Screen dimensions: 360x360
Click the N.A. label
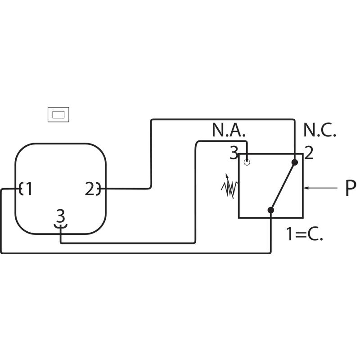[x=229, y=130]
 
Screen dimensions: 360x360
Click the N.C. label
[x=319, y=130]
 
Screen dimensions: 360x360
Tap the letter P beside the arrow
[x=351, y=189]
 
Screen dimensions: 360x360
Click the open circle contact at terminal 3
[x=247, y=161]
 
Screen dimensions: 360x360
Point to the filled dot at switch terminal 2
[x=295, y=162]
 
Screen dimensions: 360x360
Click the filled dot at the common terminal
[x=270, y=210]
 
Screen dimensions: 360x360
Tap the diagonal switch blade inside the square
[x=283, y=186]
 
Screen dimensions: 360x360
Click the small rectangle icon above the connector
[x=59, y=115]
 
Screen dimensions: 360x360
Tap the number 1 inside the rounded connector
[x=29, y=189]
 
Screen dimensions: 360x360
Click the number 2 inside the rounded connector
[x=90, y=189]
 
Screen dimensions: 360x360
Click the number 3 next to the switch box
[x=234, y=154]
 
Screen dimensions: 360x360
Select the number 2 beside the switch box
[x=309, y=154]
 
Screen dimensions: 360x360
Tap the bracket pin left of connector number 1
[x=21, y=189]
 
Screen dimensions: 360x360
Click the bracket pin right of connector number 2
[x=99, y=189]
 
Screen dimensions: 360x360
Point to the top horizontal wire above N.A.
[x=222, y=120]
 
